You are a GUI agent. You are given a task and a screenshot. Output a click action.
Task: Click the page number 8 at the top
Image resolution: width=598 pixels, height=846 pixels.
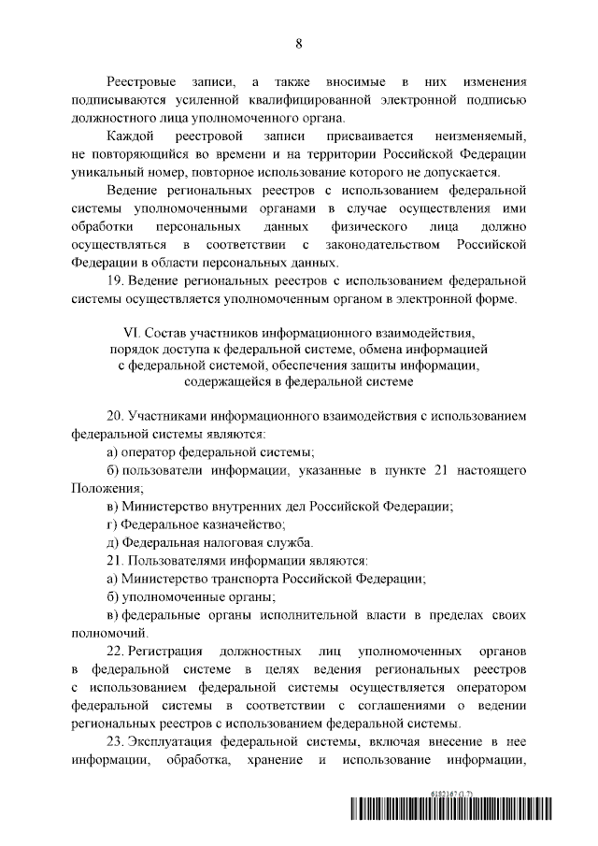point(299,44)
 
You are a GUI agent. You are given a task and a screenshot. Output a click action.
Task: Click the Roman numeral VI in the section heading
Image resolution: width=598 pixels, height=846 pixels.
point(132,332)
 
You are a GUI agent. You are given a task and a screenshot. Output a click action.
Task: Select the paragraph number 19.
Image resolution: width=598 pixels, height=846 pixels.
point(116,280)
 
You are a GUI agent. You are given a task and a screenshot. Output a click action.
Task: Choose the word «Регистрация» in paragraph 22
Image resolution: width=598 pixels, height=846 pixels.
point(170,648)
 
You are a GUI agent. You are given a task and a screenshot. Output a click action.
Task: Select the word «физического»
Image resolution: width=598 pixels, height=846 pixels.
point(361,226)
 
